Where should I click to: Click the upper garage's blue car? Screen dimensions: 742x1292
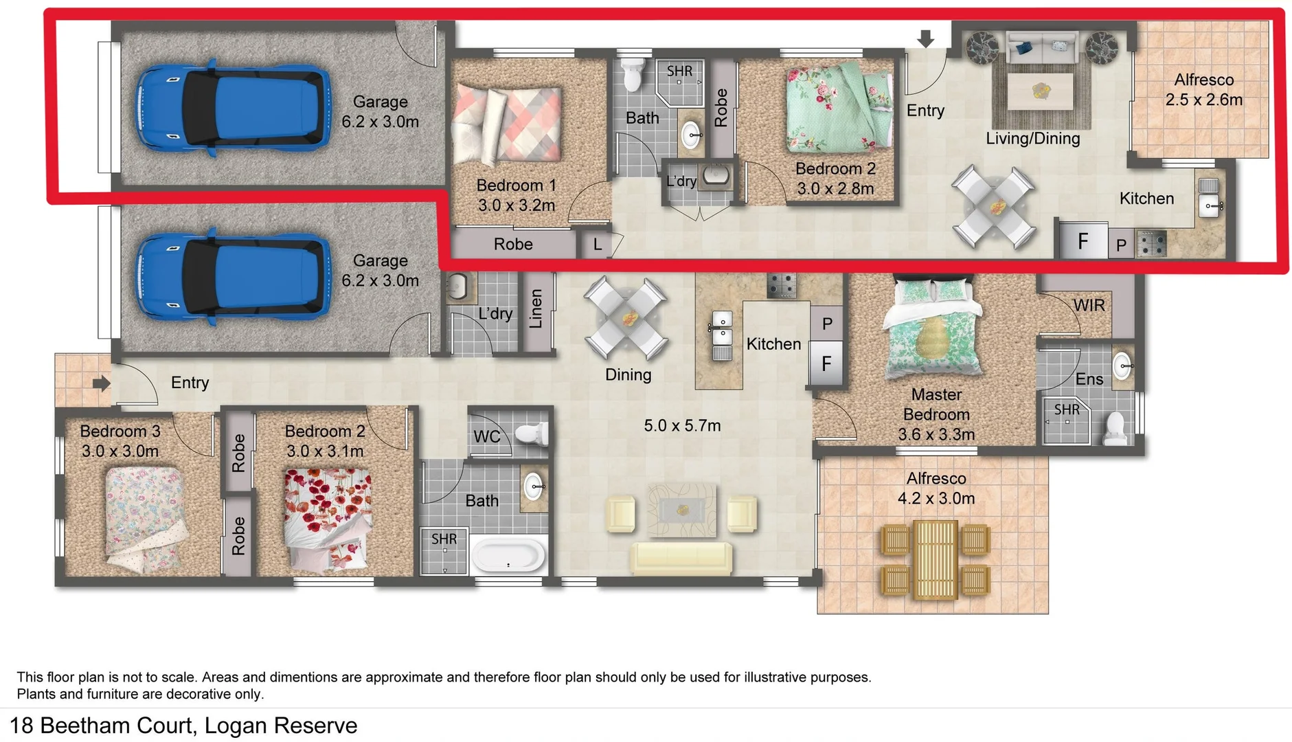[x=232, y=108]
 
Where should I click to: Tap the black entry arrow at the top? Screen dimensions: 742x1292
[x=925, y=38]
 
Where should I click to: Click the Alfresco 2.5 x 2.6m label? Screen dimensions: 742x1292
[x=1203, y=90]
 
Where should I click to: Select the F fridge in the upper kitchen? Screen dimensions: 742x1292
[x=1083, y=241]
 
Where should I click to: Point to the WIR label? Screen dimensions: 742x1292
[x=1089, y=305]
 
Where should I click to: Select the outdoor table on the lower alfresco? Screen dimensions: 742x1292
[x=935, y=559]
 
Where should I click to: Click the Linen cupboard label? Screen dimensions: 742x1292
[x=536, y=308]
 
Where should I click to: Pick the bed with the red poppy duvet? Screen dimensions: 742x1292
[x=328, y=519]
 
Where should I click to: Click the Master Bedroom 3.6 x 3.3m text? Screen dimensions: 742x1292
[x=936, y=414]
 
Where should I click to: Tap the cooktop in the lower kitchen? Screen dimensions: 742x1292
[x=782, y=284]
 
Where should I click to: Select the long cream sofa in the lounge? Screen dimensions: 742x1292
[x=681, y=558]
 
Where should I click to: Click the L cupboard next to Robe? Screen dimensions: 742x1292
[x=597, y=245]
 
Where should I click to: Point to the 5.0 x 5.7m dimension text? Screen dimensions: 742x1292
[x=682, y=425]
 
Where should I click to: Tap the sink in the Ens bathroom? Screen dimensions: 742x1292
[x=1122, y=366]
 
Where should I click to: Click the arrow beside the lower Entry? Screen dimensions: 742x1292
[x=101, y=383]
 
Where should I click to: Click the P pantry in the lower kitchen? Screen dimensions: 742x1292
[x=827, y=324]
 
